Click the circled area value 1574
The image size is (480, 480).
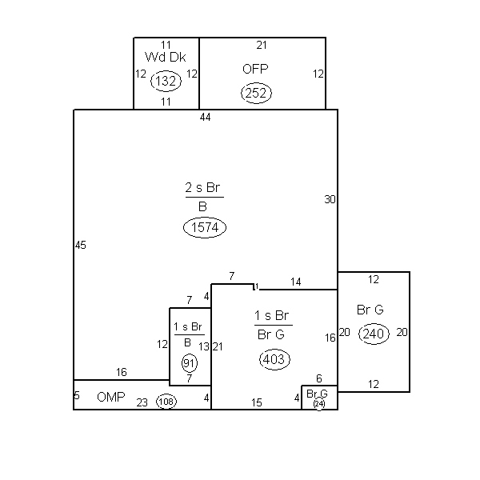(x=205, y=227)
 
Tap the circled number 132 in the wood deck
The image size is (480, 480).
(x=166, y=81)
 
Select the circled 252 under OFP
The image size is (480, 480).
(x=256, y=93)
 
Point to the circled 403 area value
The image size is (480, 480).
(x=274, y=359)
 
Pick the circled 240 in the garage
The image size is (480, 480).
(x=374, y=334)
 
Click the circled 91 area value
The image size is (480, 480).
(x=190, y=363)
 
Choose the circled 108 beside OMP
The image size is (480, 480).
(x=166, y=402)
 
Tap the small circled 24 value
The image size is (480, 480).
(x=319, y=404)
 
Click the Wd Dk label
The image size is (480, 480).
(x=166, y=57)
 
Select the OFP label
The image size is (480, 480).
(x=255, y=69)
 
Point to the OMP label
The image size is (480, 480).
(x=111, y=397)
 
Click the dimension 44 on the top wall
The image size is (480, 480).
(x=205, y=117)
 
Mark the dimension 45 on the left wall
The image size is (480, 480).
(x=81, y=245)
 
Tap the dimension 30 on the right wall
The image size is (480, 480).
(x=330, y=199)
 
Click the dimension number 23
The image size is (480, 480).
(x=142, y=402)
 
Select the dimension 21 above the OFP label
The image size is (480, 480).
(x=262, y=45)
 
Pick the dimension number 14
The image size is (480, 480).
(x=296, y=282)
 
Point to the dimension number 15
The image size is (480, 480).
(x=257, y=402)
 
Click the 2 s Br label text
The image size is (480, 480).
(x=202, y=187)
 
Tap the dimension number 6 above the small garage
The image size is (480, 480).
(x=319, y=378)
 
